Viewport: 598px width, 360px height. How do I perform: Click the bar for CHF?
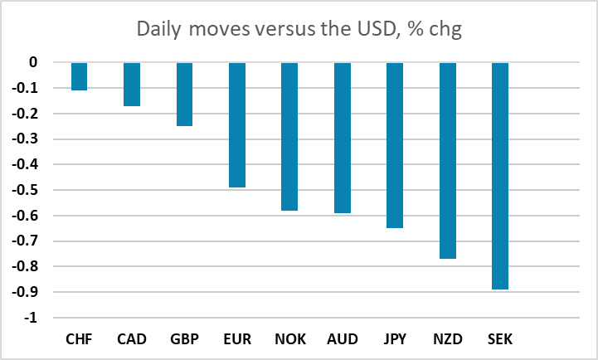[80, 76]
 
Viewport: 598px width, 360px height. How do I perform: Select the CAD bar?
[132, 85]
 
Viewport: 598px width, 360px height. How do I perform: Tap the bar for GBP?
[185, 95]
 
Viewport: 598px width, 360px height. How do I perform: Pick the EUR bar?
[237, 125]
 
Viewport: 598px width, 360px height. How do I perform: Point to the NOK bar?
[289, 137]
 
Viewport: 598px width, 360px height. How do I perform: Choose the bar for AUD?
[343, 138]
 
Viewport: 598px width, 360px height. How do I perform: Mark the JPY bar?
[395, 145]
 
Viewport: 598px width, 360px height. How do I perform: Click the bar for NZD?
[448, 161]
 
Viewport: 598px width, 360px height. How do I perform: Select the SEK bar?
[500, 176]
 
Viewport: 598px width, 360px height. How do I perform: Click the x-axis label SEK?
[500, 339]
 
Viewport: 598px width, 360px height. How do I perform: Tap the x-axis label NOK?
[290, 339]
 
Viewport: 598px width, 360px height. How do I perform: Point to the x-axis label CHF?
[79, 339]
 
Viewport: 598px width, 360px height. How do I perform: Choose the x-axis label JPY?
[395, 339]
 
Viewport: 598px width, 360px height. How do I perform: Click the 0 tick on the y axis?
[33, 62]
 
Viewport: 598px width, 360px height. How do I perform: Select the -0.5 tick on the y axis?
[25, 190]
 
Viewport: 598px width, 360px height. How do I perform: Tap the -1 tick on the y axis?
[31, 318]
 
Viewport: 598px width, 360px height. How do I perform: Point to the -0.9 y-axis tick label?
[25, 292]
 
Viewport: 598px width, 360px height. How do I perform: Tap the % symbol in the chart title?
[416, 28]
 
